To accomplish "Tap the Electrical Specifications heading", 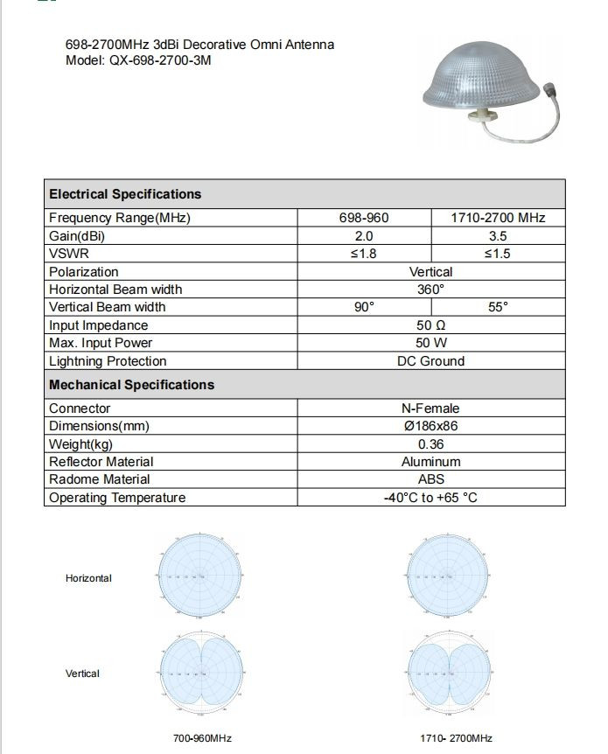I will (x=125, y=194).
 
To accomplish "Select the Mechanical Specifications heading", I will (x=131, y=385).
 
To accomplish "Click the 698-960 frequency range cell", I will (x=364, y=218).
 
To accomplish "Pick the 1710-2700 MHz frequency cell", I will (x=498, y=218).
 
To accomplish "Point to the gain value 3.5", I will (x=498, y=236).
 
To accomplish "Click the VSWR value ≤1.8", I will (x=364, y=254).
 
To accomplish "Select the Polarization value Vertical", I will (x=430, y=272).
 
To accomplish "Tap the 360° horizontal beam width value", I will (x=430, y=290).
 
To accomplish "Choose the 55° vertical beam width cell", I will (x=498, y=307).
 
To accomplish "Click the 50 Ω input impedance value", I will (x=430, y=325).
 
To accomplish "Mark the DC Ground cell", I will (x=430, y=361).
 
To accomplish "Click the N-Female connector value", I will (x=430, y=408).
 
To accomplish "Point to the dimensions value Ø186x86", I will (x=430, y=426).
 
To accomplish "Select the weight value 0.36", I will (x=430, y=444).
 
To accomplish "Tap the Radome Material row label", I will (x=99, y=479).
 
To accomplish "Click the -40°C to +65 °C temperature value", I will (x=430, y=498).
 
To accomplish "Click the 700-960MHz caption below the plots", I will (x=202, y=738).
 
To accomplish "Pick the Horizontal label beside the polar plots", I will (x=88, y=578).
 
